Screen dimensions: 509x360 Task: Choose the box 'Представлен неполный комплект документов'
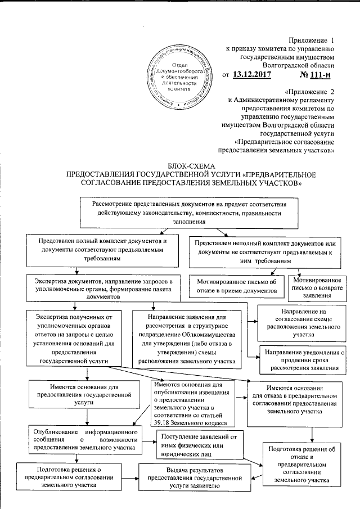click(x=263, y=251)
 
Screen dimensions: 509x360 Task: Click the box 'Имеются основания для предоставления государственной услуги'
click(x=83, y=391)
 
